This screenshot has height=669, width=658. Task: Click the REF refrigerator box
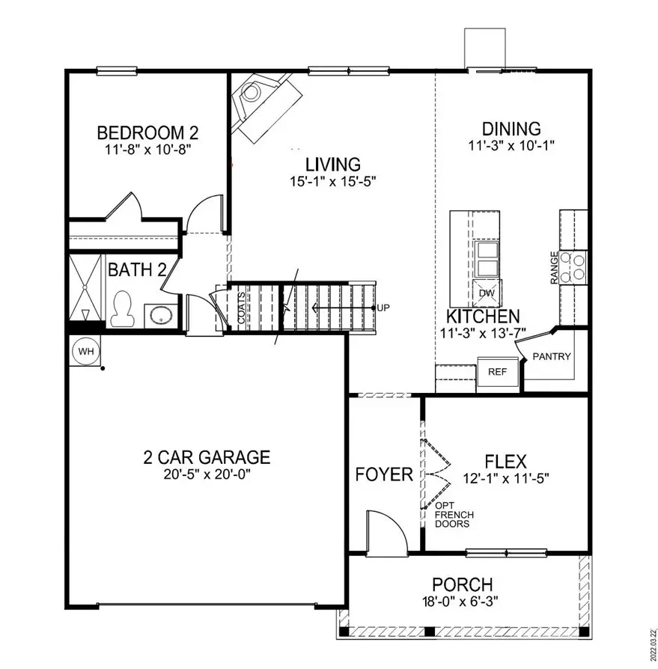(x=497, y=371)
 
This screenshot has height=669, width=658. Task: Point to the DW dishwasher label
(x=487, y=293)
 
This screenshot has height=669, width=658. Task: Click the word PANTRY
(x=552, y=356)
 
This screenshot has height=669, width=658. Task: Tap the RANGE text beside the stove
(x=554, y=266)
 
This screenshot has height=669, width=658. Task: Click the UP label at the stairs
(x=383, y=308)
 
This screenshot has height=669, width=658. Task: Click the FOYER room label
(x=384, y=474)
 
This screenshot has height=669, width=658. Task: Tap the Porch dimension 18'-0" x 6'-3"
(x=462, y=600)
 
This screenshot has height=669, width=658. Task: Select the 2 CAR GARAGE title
(x=207, y=456)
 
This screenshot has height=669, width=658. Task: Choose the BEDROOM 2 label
(x=147, y=133)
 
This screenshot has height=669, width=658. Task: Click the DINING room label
(x=511, y=129)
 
